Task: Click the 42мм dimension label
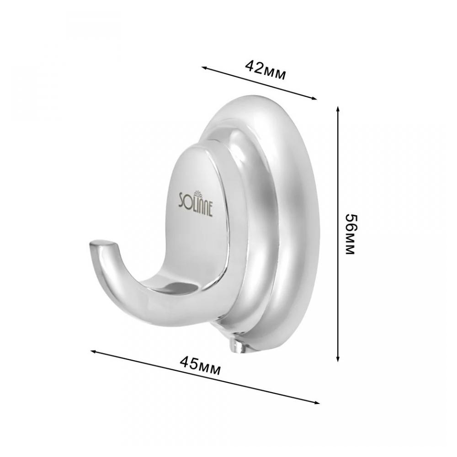(x=265, y=70)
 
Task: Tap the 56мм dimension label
(x=350, y=234)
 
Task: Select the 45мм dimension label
(x=200, y=366)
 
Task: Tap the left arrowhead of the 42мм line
(x=204, y=68)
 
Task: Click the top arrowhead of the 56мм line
(x=338, y=109)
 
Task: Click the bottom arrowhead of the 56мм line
(x=338, y=359)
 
